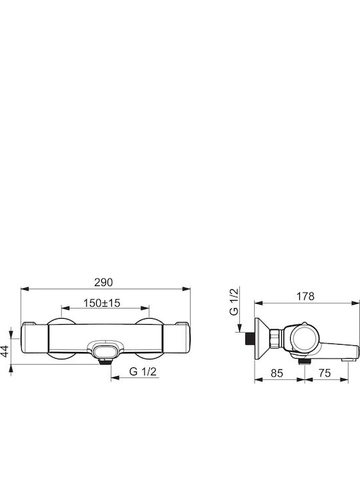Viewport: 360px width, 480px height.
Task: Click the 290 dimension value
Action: tap(103, 282)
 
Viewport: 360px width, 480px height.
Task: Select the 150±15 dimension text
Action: tap(102, 303)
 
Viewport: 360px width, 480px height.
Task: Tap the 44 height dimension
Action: tap(5, 351)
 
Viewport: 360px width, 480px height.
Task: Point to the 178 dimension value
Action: tap(305, 296)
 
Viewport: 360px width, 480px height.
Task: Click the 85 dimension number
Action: tap(277, 373)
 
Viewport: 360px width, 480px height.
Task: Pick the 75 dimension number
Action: tap(325, 373)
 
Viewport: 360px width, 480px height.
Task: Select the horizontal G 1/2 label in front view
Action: tap(143, 371)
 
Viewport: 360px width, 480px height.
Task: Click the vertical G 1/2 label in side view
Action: tap(233, 301)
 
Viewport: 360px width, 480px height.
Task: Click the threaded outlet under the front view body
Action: tap(105, 361)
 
